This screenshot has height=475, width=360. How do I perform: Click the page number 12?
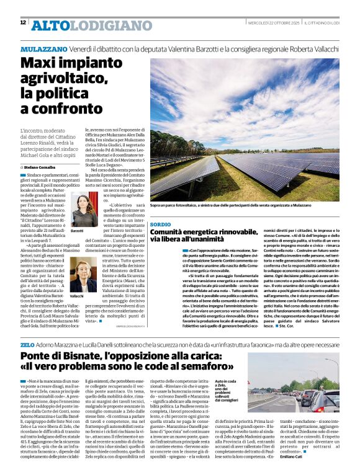point(22,23)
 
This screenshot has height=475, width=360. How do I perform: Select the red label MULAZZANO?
point(43,48)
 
